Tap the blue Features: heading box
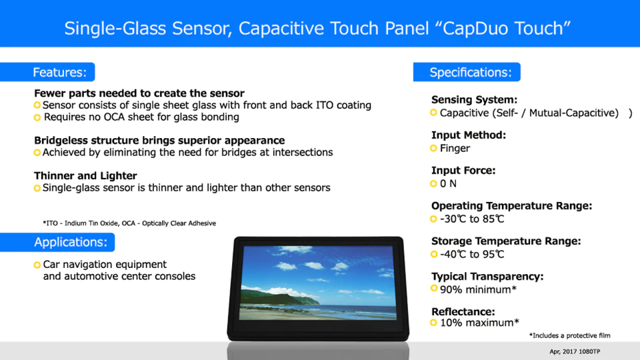tap(47, 72)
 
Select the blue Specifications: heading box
tap(467, 72)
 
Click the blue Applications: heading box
tap(57, 242)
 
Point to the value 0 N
tap(448, 184)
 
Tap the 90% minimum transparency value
tap(478, 289)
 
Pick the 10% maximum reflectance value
tap(479, 323)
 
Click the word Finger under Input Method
tap(455, 148)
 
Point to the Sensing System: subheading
tap(474, 99)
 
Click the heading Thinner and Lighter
tap(85, 175)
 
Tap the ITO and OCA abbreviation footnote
tap(129, 223)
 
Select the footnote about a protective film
tap(570, 335)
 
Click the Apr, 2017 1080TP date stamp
tap(575, 351)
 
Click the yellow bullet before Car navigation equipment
tap(37, 265)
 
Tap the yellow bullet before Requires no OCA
tap(37, 117)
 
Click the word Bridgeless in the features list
tap(61, 141)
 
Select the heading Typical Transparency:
tap(487, 276)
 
